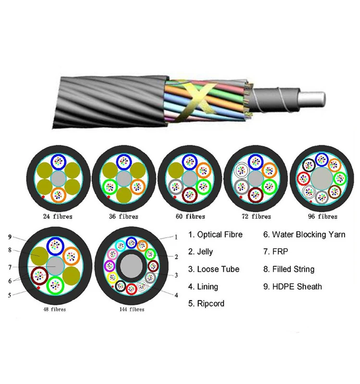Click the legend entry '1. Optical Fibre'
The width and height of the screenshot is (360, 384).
pyautogui.click(x=215, y=235)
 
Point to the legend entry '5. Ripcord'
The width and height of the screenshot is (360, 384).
pyautogui.click(x=206, y=303)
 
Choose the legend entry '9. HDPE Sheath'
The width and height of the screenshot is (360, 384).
pyautogui.click(x=292, y=287)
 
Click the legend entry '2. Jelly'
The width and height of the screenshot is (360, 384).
pyautogui.click(x=201, y=252)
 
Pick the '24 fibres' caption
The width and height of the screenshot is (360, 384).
pyautogui.click(x=57, y=216)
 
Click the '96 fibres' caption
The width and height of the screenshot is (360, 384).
pyautogui.click(x=322, y=216)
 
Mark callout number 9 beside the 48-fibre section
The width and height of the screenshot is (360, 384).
pyautogui.click(x=10, y=237)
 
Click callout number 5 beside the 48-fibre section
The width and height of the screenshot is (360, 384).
pyautogui.click(x=10, y=295)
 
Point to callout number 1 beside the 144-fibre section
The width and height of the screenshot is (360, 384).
pyautogui.click(x=176, y=237)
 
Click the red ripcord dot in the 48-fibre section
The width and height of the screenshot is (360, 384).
pyautogui.click(x=38, y=289)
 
